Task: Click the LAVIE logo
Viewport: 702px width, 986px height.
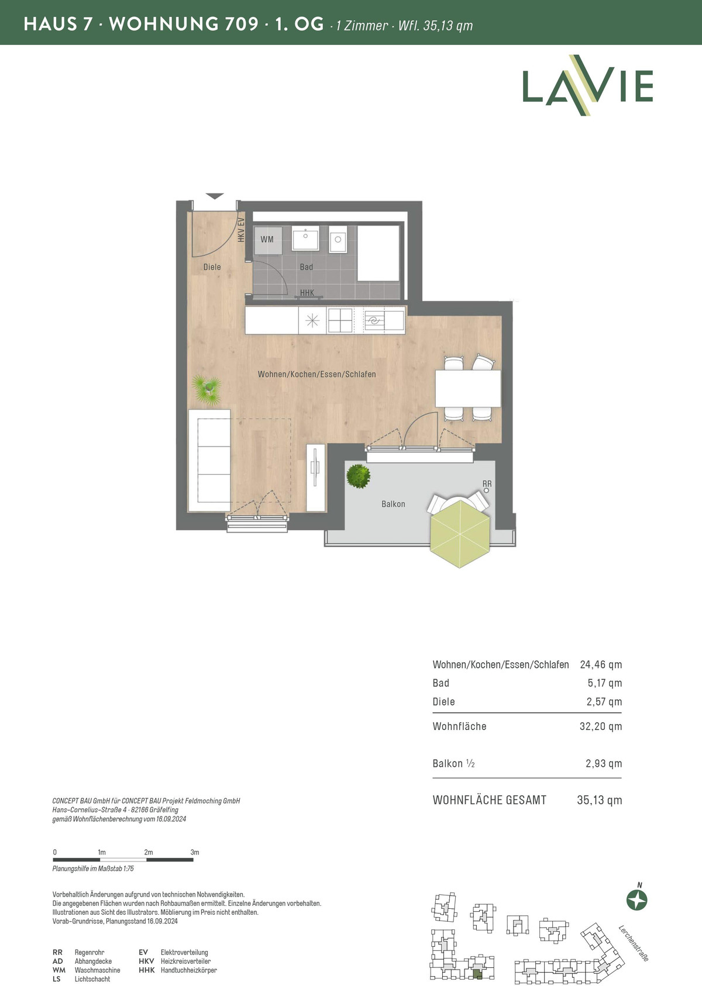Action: click(x=587, y=85)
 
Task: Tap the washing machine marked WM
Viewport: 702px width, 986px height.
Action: click(x=267, y=240)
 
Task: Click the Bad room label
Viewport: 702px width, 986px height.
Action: click(x=307, y=267)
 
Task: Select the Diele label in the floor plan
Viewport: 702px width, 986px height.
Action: click(x=212, y=267)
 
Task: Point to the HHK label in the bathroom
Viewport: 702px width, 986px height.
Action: click(x=307, y=292)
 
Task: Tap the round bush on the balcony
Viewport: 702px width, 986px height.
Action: click(x=358, y=476)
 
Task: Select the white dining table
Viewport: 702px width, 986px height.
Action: click(x=468, y=388)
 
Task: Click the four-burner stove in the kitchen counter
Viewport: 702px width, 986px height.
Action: click(x=340, y=320)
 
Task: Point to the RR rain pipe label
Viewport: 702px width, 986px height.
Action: click(x=487, y=483)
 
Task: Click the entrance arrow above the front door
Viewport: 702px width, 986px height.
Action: click(x=215, y=196)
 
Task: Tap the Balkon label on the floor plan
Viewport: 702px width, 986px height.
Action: click(x=393, y=504)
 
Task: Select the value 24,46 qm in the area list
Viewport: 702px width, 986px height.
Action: click(x=601, y=665)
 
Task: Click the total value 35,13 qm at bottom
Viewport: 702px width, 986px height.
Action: click(x=599, y=800)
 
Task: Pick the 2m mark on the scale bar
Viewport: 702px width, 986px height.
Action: click(x=149, y=852)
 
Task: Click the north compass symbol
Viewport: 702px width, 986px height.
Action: click(x=637, y=900)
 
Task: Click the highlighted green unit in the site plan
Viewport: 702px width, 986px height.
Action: click(x=478, y=974)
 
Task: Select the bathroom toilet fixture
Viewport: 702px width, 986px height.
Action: click(x=338, y=240)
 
